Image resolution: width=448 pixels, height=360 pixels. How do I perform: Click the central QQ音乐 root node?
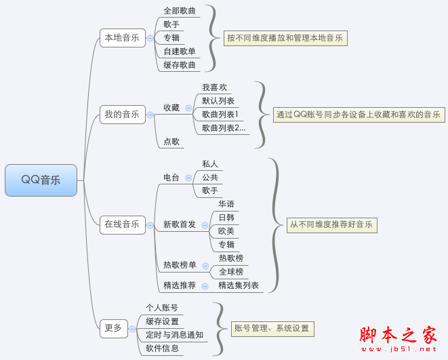[x=41, y=180]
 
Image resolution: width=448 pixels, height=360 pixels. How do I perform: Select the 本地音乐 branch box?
[x=123, y=38]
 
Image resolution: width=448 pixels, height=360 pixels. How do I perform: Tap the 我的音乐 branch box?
[x=123, y=115]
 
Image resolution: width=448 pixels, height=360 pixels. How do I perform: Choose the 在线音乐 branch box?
[x=123, y=225]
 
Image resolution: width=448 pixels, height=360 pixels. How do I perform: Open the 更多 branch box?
[x=114, y=329]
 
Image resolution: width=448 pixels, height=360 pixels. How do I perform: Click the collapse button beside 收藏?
[x=188, y=108]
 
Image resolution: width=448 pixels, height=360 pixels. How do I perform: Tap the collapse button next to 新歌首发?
[x=205, y=225]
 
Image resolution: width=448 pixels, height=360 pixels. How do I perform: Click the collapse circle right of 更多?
[x=132, y=329]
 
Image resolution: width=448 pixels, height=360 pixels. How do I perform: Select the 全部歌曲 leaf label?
[x=180, y=11]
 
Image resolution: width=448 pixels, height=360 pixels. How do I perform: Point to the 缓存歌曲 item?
[x=180, y=65]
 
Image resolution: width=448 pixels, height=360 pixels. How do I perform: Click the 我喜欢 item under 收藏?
[x=215, y=87]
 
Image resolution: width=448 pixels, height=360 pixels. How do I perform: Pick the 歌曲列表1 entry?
[x=220, y=115]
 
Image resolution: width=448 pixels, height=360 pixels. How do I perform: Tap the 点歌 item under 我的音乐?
[x=171, y=142]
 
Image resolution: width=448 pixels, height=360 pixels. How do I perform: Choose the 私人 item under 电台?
[x=210, y=164]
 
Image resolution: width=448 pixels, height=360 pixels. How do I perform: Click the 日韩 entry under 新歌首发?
[x=226, y=218]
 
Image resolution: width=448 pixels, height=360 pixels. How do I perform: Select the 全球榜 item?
[x=231, y=272]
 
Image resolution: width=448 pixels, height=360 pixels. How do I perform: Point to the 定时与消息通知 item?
[x=175, y=335]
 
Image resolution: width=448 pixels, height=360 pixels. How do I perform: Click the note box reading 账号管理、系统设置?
[x=272, y=329]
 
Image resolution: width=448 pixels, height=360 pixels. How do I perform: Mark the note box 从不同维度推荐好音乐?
[x=332, y=225]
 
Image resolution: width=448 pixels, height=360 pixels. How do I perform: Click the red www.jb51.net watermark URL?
[x=399, y=349]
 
